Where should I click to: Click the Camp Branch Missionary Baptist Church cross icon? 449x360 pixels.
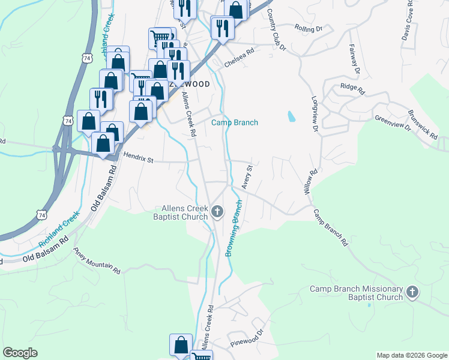pos(412,292)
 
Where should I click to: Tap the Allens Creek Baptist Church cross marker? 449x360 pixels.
pos(217,211)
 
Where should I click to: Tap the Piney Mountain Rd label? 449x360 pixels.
pos(97,262)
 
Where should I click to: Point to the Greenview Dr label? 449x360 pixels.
pos(392,124)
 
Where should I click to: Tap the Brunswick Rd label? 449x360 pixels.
pos(423,125)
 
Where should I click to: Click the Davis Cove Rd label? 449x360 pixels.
pos(409,24)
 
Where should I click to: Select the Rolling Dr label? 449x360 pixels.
pos(309,28)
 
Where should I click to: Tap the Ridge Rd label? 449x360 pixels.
pos(352,89)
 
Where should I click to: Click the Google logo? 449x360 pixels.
pos(20,353)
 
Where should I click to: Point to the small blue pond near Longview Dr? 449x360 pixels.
pos(292,116)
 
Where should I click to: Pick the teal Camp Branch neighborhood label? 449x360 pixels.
pos(234,123)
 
